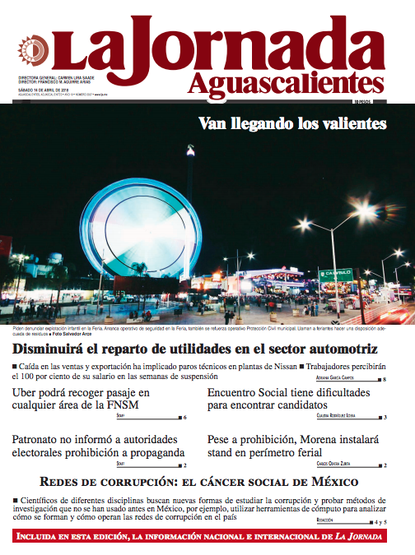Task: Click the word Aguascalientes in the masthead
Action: (x=285, y=83)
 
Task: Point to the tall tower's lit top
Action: (x=190, y=150)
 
